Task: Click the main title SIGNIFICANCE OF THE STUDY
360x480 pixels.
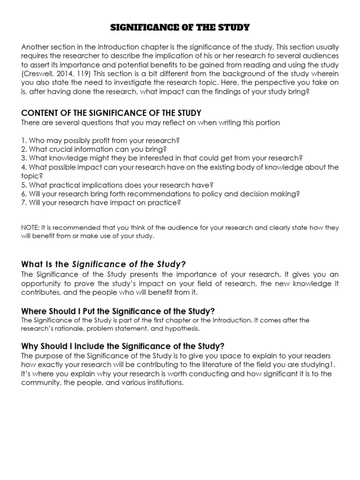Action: point(180,28)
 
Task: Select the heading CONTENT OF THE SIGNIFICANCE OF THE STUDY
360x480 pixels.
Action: point(111,113)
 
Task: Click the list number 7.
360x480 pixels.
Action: point(23,202)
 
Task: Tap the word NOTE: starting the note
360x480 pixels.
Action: point(31,227)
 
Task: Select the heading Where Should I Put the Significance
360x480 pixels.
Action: point(119,311)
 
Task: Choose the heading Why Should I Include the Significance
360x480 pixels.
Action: point(123,346)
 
